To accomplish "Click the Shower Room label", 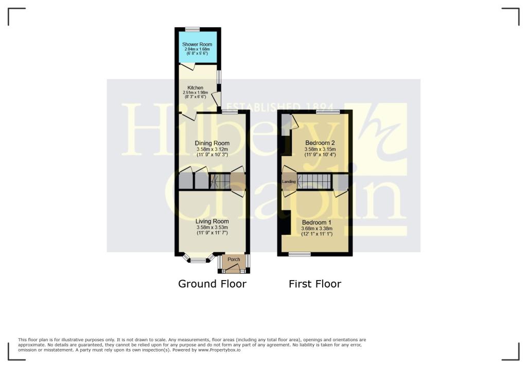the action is click(x=197, y=44).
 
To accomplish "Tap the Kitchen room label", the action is click(x=195, y=88).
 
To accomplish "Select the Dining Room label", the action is click(x=212, y=143).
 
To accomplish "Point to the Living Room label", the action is click(x=212, y=222).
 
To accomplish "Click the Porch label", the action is click(x=234, y=259).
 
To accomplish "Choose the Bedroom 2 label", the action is click(x=320, y=143).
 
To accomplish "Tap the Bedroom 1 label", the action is click(x=317, y=223).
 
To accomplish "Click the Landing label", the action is click(x=289, y=181).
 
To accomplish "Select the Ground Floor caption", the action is click(x=212, y=284).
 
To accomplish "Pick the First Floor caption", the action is click(x=315, y=284).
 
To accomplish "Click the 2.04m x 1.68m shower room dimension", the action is click(x=197, y=49).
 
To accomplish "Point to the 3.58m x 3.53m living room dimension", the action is click(x=212, y=227).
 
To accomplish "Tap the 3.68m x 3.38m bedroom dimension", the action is click(x=317, y=229).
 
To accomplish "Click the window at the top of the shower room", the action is click(x=192, y=29).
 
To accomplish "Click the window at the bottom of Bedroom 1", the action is click(x=300, y=254).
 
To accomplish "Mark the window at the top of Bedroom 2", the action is click(x=328, y=112).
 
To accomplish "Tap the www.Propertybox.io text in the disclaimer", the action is click(x=219, y=350).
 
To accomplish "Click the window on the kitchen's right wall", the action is click(x=219, y=77).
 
